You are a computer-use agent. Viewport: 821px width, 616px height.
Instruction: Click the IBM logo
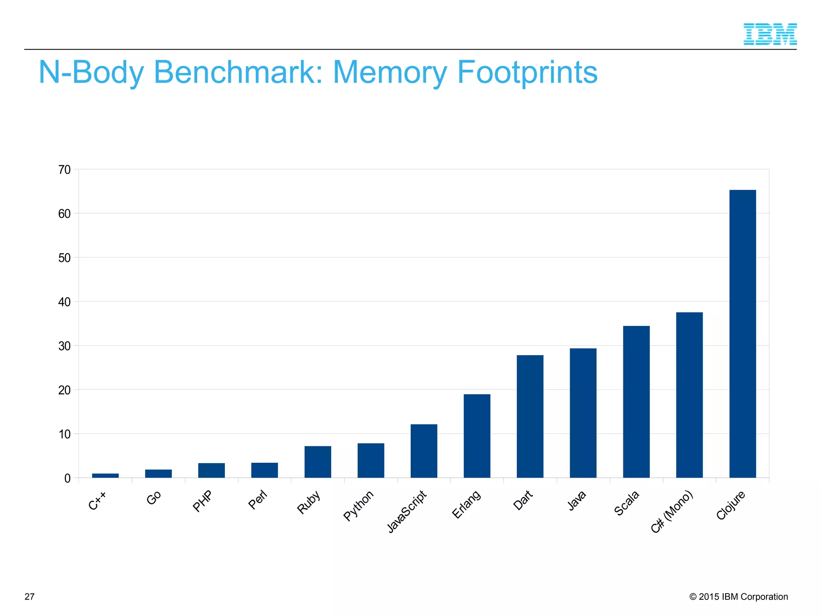770,34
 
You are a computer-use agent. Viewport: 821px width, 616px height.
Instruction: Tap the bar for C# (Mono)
689,395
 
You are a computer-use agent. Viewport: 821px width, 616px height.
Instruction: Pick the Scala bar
636,402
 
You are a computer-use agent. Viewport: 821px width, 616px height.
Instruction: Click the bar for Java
583,413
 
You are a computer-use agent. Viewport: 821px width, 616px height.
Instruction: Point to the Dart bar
530,416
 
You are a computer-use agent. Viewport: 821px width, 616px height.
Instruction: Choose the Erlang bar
477,436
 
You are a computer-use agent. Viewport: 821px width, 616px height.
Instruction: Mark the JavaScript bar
424,451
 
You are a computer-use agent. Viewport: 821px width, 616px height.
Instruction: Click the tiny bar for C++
105,476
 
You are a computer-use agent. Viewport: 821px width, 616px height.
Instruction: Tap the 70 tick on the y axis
65,170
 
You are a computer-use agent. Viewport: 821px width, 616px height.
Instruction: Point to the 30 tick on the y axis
65,346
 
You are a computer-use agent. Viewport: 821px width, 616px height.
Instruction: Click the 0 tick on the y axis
67,478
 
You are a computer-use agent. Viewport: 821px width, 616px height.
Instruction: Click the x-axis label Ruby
309,502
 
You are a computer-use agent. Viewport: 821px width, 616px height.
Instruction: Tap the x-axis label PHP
202,501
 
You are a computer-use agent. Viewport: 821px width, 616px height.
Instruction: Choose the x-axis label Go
154,498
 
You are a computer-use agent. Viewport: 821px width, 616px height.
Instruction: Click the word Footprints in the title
527,73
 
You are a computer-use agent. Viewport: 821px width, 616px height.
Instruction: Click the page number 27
30,597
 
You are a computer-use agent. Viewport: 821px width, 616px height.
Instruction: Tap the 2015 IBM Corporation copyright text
738,597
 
